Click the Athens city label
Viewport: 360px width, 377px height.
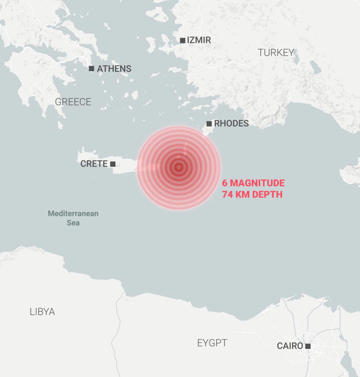coord(114,69)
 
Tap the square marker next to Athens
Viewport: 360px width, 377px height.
coord(91,69)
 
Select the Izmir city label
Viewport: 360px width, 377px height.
coord(199,40)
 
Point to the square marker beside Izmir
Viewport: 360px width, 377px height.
coord(182,40)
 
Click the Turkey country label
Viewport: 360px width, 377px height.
coord(276,53)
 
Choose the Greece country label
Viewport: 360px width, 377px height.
coord(73,102)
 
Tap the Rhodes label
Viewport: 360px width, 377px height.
coord(231,124)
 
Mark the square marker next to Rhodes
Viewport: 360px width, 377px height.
coord(209,124)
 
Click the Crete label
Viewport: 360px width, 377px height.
coord(94,164)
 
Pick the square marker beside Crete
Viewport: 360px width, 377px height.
coord(112,164)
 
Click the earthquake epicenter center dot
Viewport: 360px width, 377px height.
coord(179,167)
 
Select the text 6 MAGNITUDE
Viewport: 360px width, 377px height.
coord(253,183)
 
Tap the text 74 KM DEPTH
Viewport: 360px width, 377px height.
coord(252,194)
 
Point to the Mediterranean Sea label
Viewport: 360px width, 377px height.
coord(73,218)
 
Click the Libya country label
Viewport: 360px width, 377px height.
coord(42,312)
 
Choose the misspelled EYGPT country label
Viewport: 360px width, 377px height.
coord(212,343)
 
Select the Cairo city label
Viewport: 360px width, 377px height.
coord(290,346)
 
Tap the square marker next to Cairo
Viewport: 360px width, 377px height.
coord(308,346)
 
